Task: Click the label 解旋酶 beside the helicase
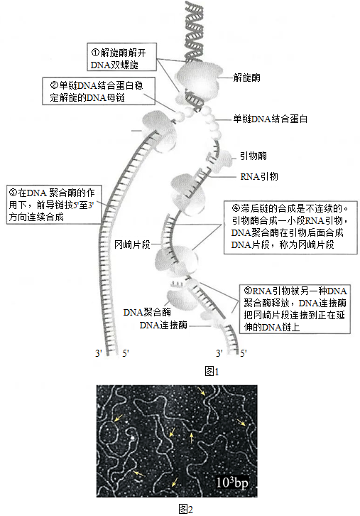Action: tap(246, 77)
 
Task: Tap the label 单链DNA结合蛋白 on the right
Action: tap(271, 119)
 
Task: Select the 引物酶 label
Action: tap(253, 156)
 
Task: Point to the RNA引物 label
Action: tap(259, 177)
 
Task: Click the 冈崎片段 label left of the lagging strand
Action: tap(132, 244)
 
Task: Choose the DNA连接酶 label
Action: tap(163, 325)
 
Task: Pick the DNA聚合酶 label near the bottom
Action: tap(147, 312)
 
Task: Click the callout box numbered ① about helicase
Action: tap(121, 57)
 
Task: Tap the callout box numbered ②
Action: tap(99, 91)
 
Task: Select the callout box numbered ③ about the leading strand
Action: tap(53, 205)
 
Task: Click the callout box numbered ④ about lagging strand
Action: tap(290, 227)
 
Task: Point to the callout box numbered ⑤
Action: tap(295, 309)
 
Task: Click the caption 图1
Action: tap(212, 372)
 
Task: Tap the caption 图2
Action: tap(185, 509)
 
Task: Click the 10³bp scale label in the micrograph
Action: tap(231, 482)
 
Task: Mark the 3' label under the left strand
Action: tap(99, 353)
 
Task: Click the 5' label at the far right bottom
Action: tap(244, 353)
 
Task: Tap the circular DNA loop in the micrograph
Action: tap(109, 433)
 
